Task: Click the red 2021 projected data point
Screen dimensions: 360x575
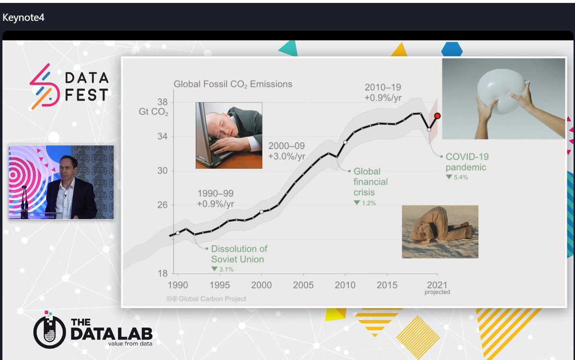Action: click(437, 116)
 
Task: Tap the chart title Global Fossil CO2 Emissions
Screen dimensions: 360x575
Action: click(233, 84)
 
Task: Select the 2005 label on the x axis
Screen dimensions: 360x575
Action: click(303, 285)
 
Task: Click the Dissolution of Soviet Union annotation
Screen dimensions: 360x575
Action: click(239, 254)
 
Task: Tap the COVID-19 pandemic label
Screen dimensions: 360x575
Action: click(467, 162)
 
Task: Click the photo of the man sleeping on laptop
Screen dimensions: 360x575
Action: click(229, 135)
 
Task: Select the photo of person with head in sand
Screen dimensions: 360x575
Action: click(440, 231)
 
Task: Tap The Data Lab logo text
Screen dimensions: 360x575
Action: click(111, 329)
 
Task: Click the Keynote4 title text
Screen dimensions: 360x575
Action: click(23, 17)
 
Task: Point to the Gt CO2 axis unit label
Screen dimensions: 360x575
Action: click(153, 113)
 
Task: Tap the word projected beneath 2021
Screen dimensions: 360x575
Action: click(437, 292)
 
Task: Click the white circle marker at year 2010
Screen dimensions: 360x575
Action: click(345, 142)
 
